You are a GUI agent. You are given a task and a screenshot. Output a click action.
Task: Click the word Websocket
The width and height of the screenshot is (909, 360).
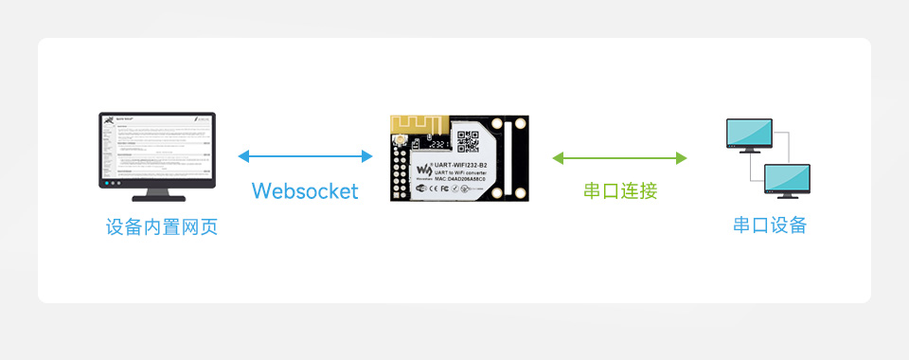[305, 190]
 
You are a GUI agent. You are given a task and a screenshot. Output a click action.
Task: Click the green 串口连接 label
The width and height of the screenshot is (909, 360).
[620, 190]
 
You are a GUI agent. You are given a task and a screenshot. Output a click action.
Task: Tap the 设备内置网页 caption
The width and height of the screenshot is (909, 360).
[162, 227]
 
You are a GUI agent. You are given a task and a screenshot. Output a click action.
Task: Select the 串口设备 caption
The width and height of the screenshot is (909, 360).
[770, 225]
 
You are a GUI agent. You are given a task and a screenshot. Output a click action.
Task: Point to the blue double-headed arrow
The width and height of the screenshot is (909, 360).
[305, 156]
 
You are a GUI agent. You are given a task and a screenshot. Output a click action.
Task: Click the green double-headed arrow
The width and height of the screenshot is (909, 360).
[620, 157]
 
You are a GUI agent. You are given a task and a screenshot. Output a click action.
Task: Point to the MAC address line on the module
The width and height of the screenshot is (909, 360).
[466, 180]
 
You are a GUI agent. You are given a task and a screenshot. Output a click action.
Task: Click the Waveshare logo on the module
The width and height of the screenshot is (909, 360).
[423, 171]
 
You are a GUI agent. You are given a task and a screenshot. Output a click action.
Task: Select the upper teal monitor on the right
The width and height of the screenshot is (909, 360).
[748, 134]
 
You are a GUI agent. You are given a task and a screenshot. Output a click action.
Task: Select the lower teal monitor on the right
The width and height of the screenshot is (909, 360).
[788, 177]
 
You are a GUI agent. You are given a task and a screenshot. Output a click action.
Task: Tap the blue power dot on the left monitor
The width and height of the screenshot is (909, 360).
[108, 184]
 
